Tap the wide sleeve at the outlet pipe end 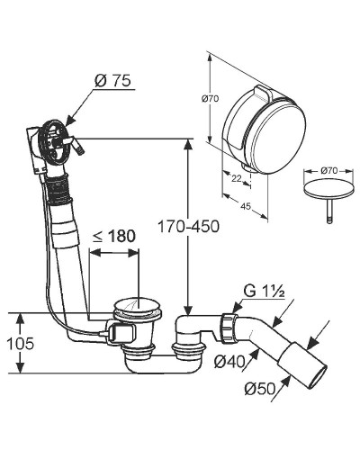[x=302, y=366]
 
